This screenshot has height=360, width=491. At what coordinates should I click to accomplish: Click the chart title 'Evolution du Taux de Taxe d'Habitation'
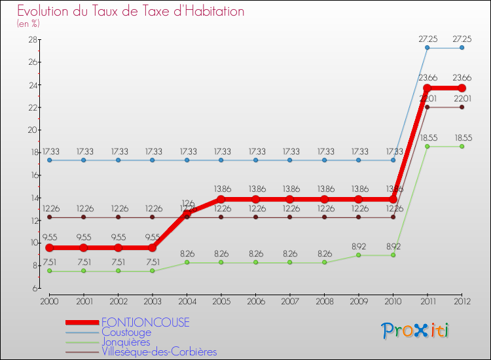131,11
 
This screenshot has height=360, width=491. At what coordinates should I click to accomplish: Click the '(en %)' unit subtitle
28,24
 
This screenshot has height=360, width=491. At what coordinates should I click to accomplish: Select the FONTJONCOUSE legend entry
145,323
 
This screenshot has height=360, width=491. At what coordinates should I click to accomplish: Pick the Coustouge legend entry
126,333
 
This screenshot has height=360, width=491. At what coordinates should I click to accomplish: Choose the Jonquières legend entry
126,342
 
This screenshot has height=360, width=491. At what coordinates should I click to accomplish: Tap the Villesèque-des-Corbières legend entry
159,352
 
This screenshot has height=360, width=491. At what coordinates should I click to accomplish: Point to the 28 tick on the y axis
31,40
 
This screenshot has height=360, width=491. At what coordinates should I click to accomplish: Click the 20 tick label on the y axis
31,130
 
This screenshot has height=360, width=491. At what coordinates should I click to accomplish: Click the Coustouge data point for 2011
427,48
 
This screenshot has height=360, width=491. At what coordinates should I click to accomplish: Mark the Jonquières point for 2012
462,146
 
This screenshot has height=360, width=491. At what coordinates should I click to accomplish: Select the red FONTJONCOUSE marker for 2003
152,248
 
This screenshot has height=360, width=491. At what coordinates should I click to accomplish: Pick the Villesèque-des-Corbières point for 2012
462,107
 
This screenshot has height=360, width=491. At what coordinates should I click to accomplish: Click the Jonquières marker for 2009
358,255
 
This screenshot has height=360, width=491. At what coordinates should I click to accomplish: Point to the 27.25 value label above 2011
427,39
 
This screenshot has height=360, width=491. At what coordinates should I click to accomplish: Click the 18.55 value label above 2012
462,137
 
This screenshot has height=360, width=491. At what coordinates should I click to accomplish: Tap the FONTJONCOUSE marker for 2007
289,199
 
